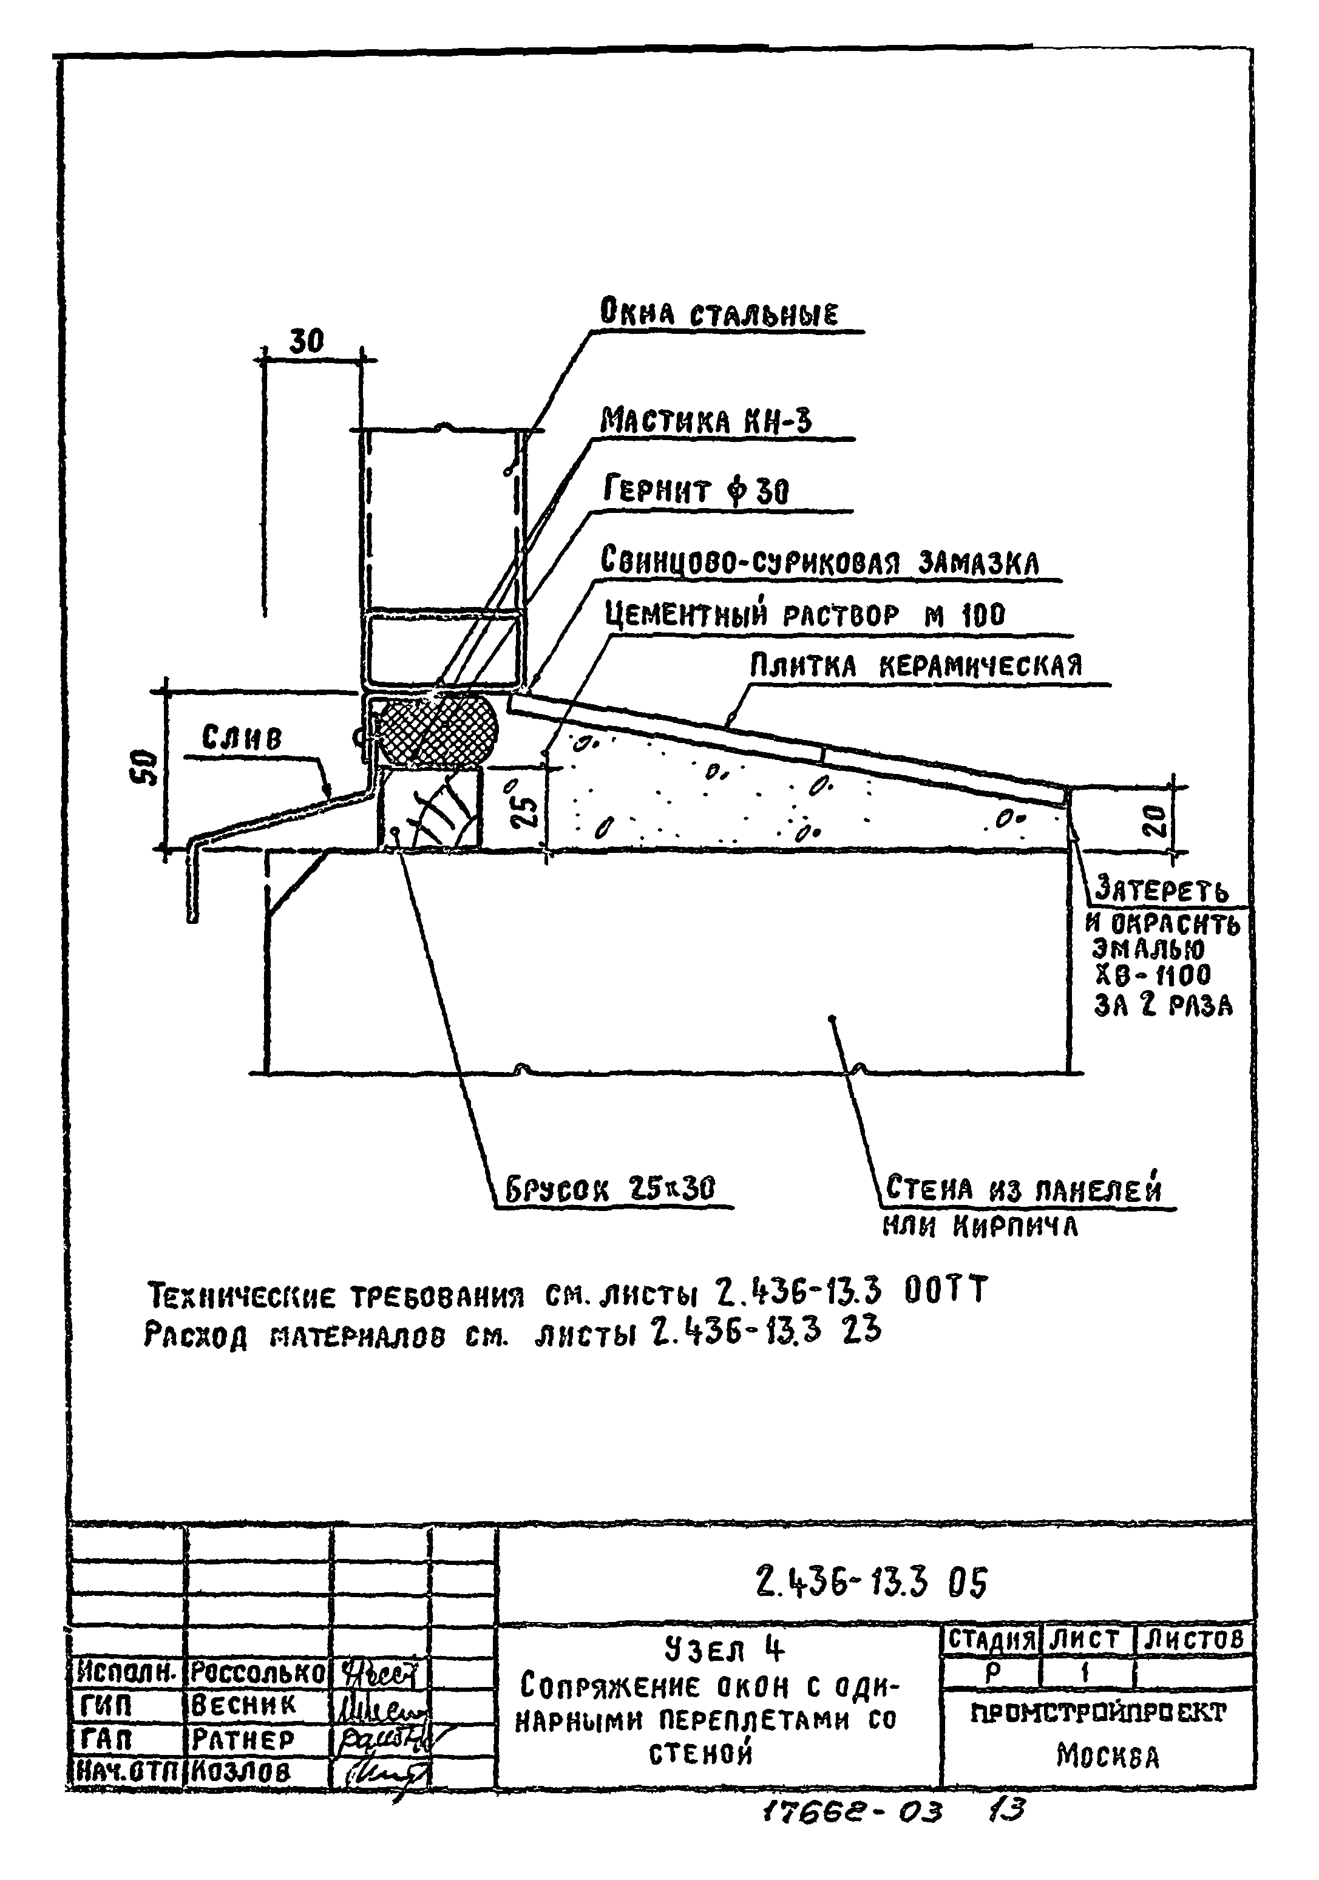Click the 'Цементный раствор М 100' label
pos(805,615)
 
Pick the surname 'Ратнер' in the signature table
pos(241,1739)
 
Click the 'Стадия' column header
pos(991,1638)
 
